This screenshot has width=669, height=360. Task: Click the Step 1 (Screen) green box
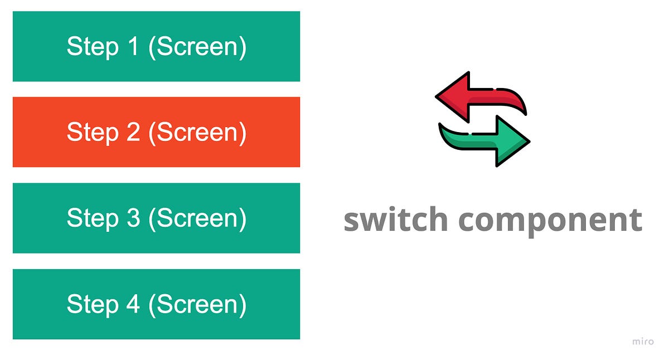pyautogui.click(x=156, y=46)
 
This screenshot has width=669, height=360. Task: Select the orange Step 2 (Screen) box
pyautogui.click(x=156, y=132)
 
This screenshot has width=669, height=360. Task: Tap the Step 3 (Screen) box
pyautogui.click(x=156, y=218)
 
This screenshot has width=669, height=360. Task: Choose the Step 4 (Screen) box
pyautogui.click(x=156, y=304)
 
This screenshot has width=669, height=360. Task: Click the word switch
pyautogui.click(x=395, y=220)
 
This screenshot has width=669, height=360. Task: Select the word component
pyautogui.click(x=550, y=221)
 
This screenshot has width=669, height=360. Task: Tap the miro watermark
pyautogui.click(x=643, y=342)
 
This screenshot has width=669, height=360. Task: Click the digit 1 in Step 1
pyautogui.click(x=133, y=46)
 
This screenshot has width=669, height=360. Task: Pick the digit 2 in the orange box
pyautogui.click(x=133, y=132)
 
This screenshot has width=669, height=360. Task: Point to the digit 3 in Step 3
pyautogui.click(x=133, y=218)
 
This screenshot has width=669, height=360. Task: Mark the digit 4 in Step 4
pyautogui.click(x=133, y=304)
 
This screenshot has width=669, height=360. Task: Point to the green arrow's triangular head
pyautogui.click(x=513, y=140)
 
